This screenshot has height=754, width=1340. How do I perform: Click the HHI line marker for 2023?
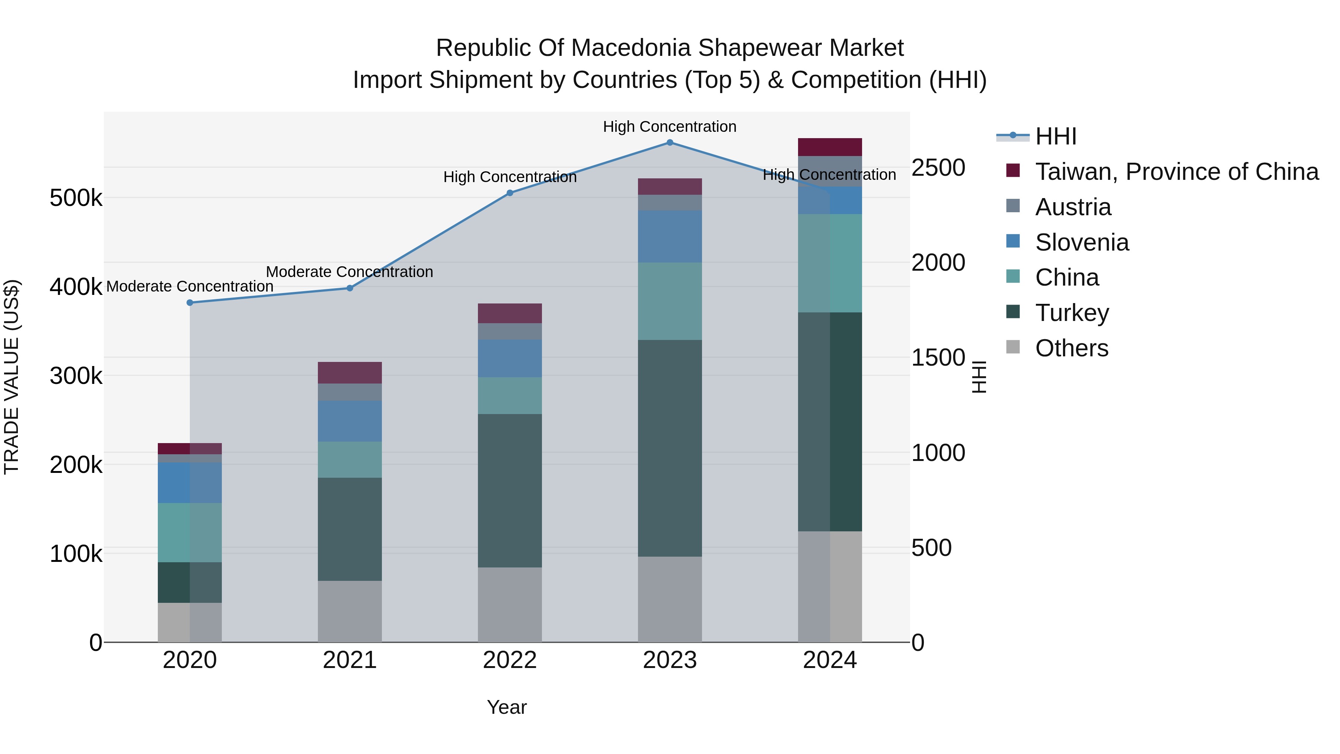[x=670, y=143]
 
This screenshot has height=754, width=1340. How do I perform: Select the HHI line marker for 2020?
[x=190, y=302]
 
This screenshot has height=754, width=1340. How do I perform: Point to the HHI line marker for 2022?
[x=510, y=193]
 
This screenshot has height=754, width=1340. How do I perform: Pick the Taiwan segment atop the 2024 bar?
[x=830, y=147]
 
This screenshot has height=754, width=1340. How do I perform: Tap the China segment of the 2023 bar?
[x=670, y=301]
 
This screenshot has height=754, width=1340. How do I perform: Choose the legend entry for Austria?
[x=1073, y=207]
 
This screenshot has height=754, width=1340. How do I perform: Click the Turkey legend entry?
[x=1072, y=313]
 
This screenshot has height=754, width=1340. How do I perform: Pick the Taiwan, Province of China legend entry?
[x=1177, y=172]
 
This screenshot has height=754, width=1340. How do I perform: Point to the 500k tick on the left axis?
[x=76, y=198]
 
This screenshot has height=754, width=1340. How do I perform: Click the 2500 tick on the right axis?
[x=938, y=168]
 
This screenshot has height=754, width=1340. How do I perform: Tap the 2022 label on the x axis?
[x=510, y=660]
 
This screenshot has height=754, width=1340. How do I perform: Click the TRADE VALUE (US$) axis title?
[x=12, y=377]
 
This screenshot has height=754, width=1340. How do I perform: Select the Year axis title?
[x=507, y=707]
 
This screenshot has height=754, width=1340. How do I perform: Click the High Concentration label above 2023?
[x=670, y=127]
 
